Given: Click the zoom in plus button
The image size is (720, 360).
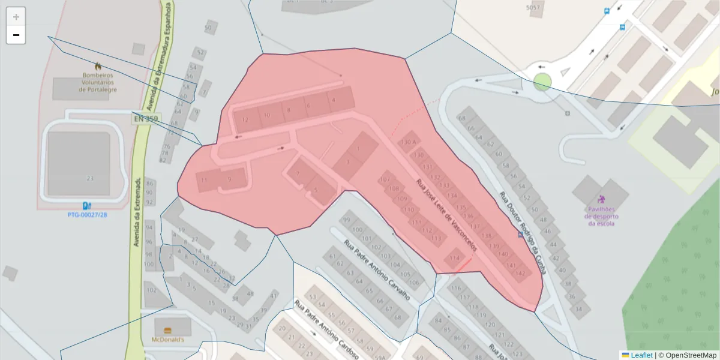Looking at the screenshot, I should click(16, 17).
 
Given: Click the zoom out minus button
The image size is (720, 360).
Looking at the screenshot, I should click(16, 35).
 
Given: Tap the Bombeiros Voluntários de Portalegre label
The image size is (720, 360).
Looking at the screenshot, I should click(97, 82).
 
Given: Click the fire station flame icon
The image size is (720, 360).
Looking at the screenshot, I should click(98, 65).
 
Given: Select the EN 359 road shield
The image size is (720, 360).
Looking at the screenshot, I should click(145, 119).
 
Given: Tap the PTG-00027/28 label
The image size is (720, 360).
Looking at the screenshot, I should click(87, 215).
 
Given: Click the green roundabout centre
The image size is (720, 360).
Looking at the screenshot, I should click(542, 82).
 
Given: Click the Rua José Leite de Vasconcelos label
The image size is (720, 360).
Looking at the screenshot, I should click(447, 214).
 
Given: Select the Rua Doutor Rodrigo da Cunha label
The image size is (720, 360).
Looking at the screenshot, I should click(523, 233).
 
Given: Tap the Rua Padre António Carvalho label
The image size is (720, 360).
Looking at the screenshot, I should click(376, 269).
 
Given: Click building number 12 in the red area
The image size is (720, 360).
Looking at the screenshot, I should click(245, 119).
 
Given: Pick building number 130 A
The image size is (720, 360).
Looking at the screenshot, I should click(408, 142).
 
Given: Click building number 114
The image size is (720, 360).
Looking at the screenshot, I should click(454, 258).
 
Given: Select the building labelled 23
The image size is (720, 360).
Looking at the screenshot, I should click(91, 178).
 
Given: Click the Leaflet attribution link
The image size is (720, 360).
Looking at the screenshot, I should click(641, 355).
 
